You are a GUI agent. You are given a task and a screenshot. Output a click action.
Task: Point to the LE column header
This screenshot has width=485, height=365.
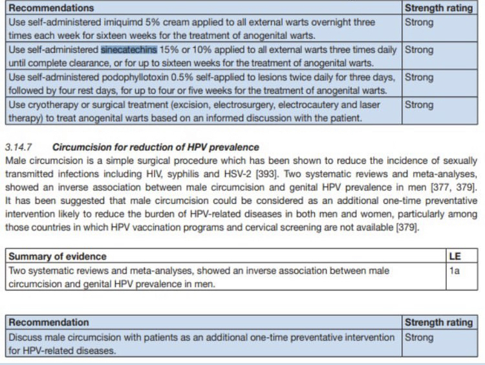tap(455, 256)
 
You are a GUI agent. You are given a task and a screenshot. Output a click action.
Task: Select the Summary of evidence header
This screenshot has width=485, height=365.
tap(58, 256)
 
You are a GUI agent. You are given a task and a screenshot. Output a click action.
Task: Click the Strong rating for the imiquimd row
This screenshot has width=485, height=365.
tap(419, 21)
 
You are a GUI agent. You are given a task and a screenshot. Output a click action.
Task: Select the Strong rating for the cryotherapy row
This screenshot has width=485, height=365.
tap(419, 104)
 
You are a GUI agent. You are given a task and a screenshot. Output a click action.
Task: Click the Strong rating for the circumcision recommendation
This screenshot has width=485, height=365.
tap(419, 337)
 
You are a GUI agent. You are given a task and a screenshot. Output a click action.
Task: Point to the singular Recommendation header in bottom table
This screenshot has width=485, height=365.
tap(48, 322)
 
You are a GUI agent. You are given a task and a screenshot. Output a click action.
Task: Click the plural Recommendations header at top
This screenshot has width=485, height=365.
tap(51, 8)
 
